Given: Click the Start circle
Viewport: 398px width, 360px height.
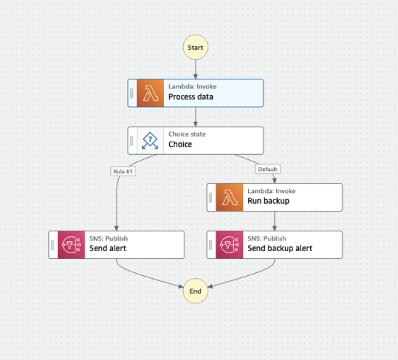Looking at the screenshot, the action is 195,47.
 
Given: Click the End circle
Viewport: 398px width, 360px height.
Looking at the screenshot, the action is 195,291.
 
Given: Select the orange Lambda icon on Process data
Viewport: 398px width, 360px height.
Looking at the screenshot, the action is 150,93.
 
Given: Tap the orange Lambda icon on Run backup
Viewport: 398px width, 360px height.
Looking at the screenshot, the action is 229,198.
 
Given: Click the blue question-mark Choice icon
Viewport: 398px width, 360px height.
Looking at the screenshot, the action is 150,141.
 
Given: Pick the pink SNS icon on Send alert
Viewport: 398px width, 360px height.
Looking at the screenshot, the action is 72,245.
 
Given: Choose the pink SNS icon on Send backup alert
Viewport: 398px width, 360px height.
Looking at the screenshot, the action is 229,245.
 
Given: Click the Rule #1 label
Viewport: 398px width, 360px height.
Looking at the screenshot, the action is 123,171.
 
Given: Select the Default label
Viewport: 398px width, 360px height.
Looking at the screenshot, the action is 268,169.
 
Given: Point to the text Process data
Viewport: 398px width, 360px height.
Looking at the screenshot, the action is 191,97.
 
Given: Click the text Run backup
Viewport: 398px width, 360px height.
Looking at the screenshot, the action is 269,201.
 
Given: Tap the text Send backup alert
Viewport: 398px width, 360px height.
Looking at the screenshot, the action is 280,248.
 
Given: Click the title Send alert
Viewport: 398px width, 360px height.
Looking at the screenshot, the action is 108,248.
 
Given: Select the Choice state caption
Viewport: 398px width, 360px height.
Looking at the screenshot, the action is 187,134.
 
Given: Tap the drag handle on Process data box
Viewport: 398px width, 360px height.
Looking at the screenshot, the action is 131,93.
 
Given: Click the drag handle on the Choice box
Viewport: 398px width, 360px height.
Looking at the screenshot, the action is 131,141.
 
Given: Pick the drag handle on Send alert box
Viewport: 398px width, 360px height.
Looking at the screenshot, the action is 52,245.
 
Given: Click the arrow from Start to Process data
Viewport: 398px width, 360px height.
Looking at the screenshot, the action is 195,70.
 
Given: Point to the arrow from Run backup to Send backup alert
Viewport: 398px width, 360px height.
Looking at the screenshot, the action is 275,221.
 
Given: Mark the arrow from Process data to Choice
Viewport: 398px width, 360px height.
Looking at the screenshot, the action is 195,117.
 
